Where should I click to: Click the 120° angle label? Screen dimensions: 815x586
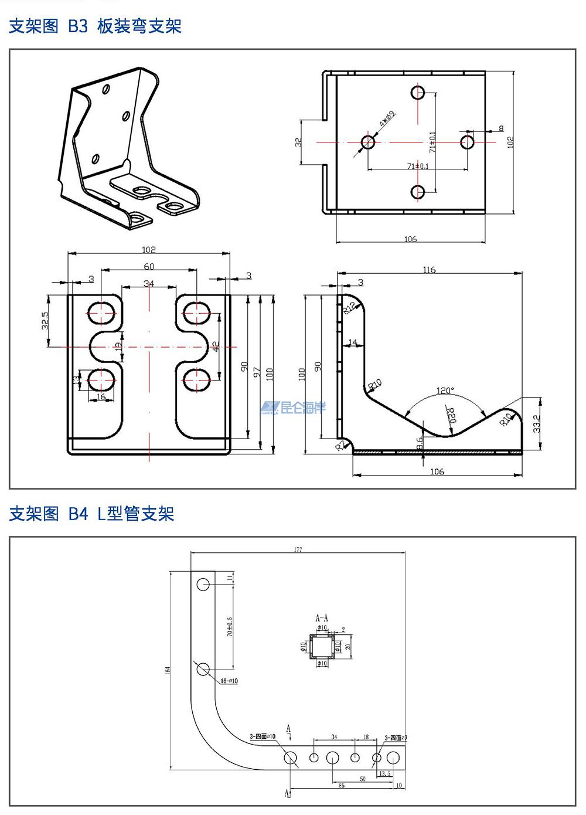445,390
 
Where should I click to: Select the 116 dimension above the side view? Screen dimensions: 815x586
429,270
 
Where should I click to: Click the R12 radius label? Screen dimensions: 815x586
350,308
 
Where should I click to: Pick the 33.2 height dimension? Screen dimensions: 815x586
537,423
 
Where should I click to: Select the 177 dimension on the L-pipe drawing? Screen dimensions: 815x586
298,550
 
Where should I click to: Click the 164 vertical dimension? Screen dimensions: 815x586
168,670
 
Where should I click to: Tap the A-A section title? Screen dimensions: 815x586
322,618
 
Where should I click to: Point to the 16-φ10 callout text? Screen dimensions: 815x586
229,681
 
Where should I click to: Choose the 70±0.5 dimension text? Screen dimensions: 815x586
230,626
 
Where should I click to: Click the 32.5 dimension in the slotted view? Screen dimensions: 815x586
46,321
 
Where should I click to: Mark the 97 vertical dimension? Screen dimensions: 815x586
256,373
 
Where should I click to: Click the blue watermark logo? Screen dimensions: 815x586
294,407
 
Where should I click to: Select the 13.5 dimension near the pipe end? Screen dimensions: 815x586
384,773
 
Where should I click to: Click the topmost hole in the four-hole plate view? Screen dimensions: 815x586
418,93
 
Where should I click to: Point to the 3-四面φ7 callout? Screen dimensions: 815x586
396,738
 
